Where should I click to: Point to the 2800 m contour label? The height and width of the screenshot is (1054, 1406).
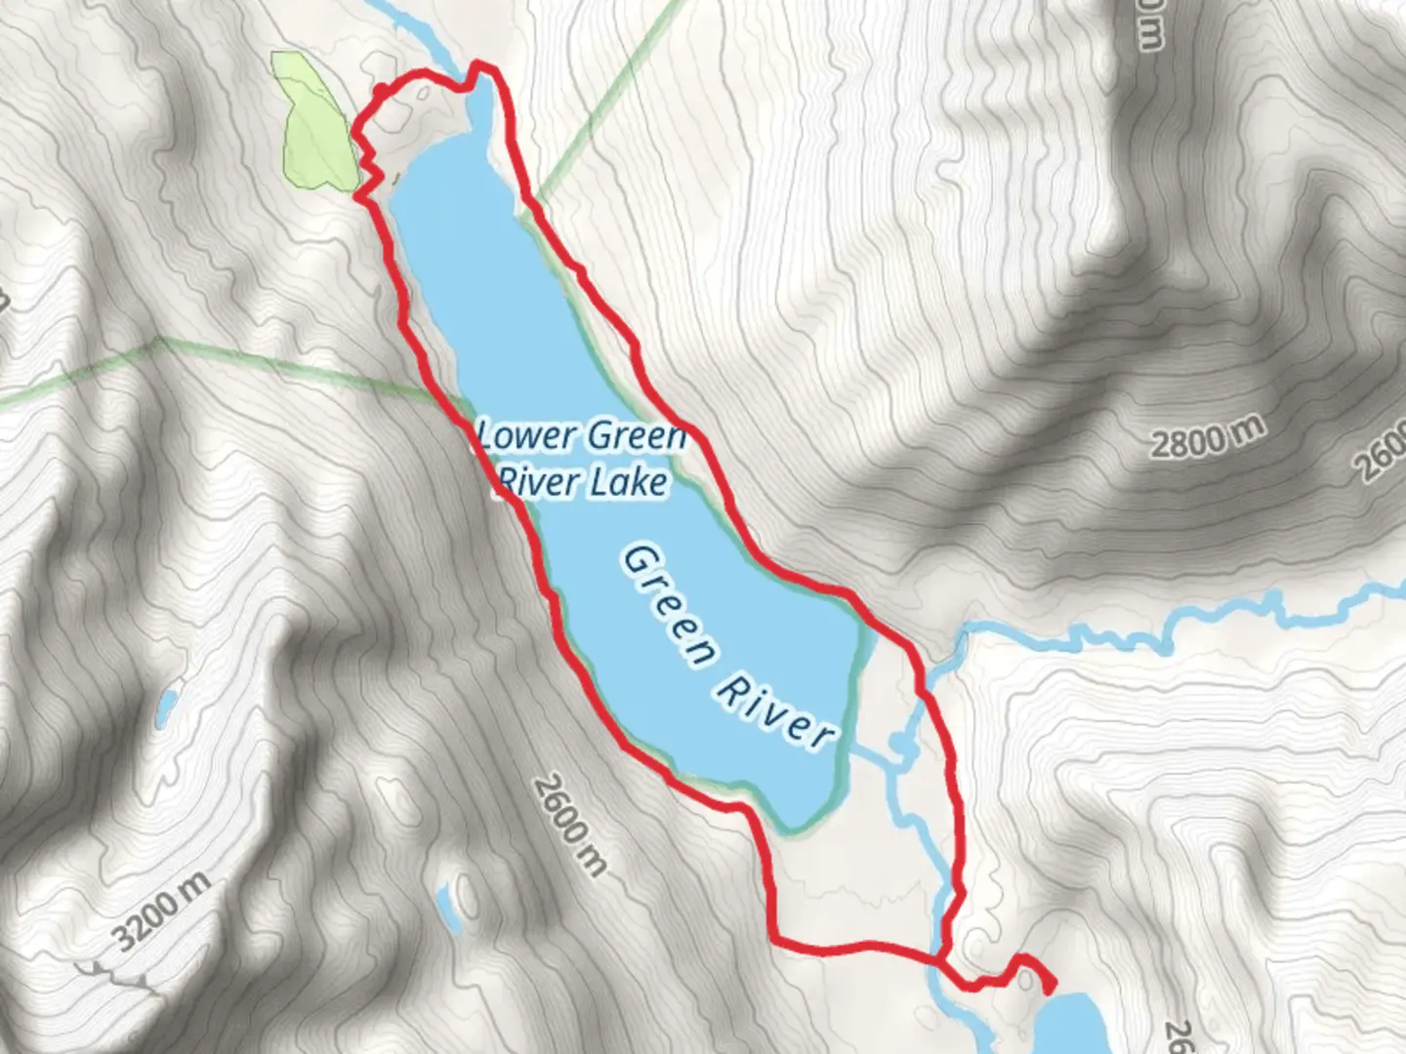1207,436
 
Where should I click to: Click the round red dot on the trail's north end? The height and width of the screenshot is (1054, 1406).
379,92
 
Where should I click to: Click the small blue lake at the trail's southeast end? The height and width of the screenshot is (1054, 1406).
1069,1025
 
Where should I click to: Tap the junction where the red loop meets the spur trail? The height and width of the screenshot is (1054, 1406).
939,961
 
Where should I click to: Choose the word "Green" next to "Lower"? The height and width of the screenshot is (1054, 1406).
636,436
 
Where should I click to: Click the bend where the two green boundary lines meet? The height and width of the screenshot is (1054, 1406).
159,342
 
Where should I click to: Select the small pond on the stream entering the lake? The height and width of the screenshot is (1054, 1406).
901,748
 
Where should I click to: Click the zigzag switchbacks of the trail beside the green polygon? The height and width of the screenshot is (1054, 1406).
366,166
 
